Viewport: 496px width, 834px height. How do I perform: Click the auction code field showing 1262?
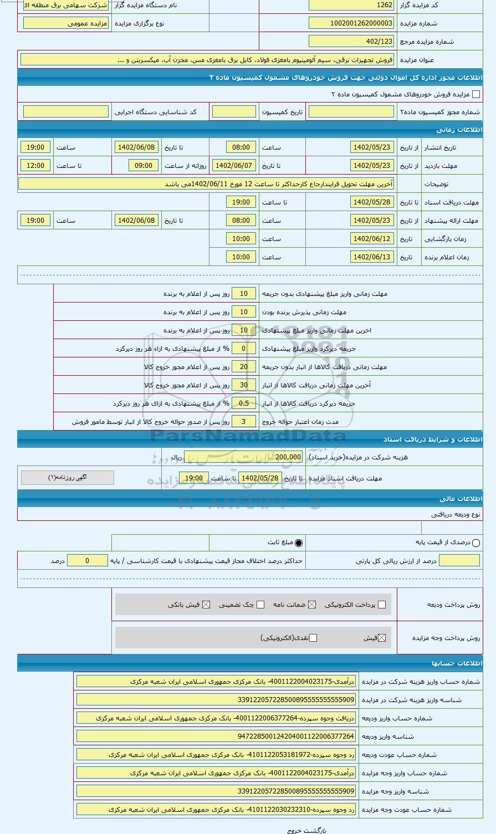(351, 5)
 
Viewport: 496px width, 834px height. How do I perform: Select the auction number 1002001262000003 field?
(351, 23)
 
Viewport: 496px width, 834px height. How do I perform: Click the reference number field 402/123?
(351, 42)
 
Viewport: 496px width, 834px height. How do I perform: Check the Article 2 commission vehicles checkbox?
(476, 94)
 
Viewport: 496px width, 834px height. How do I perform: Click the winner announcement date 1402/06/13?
(372, 257)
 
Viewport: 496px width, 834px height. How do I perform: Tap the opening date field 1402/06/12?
(372, 239)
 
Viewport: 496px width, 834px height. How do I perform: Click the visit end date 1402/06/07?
(233, 166)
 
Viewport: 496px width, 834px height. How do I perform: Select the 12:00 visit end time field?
(35, 166)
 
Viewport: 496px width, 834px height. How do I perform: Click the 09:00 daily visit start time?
(144, 166)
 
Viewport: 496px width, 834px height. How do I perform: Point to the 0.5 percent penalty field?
(243, 403)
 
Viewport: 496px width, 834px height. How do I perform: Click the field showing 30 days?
(243, 385)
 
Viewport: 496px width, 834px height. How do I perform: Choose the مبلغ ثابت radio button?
(299, 543)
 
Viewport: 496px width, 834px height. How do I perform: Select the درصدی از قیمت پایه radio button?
(476, 543)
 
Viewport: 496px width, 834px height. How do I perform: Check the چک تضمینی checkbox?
(260, 605)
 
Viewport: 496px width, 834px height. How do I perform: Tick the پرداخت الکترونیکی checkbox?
(381, 605)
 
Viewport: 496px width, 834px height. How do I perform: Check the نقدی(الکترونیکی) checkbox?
(313, 638)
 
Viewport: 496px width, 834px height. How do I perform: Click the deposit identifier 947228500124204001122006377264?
(216, 736)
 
